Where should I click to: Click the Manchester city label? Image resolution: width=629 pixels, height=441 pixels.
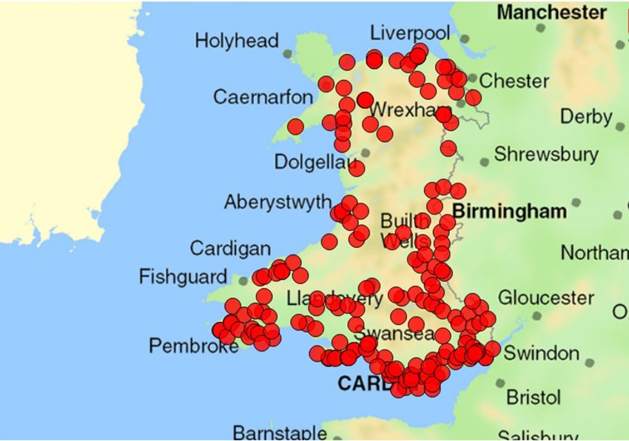(x=551, y=13)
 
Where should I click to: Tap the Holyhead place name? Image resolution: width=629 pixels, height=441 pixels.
(x=236, y=41)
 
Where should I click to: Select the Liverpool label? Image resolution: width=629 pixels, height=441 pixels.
(x=409, y=33)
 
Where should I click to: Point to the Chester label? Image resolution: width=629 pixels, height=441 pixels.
(x=514, y=81)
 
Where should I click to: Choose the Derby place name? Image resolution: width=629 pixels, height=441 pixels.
(x=585, y=117)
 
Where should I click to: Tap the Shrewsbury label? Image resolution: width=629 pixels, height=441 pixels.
(x=546, y=155)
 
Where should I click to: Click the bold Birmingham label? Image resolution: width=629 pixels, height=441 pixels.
(x=509, y=212)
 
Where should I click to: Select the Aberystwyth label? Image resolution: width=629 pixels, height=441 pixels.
(x=277, y=202)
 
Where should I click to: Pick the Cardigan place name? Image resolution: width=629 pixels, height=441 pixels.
(x=230, y=249)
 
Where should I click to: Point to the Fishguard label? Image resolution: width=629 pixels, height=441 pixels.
(x=183, y=277)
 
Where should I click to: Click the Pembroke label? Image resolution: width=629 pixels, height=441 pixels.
(x=193, y=346)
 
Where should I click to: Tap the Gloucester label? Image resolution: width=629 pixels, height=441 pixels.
(x=545, y=298)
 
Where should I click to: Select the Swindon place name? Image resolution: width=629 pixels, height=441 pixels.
(x=541, y=352)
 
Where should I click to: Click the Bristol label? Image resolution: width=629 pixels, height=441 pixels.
(x=533, y=397)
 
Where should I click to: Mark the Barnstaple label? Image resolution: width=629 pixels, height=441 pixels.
(x=280, y=432)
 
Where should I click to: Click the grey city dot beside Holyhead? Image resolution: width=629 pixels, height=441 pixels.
(x=288, y=53)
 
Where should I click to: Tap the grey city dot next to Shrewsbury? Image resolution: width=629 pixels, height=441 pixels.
(x=484, y=161)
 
